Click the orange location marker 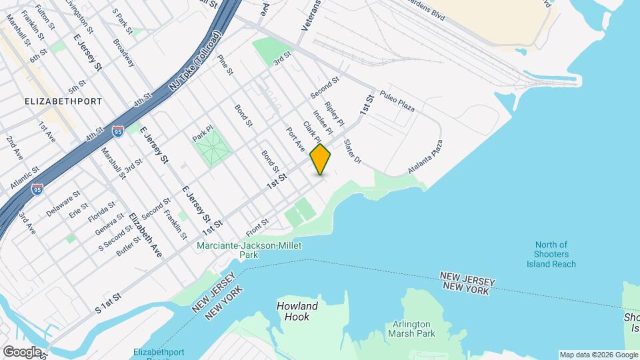(x=321, y=159)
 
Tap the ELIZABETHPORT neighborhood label (x=63, y=101)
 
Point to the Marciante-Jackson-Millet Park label (x=249, y=250)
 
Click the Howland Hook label (x=297, y=311)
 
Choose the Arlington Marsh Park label (x=411, y=329)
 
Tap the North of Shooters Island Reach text (x=555, y=254)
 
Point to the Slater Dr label (x=352, y=152)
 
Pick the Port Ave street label (x=295, y=139)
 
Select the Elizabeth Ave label (x=145, y=235)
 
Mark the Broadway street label (x=125, y=51)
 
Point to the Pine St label (x=225, y=64)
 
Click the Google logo (x=21, y=351)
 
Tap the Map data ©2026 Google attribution (x=598, y=355)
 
